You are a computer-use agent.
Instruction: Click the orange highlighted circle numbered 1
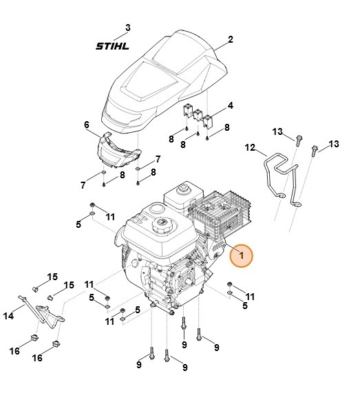(x=242, y=256)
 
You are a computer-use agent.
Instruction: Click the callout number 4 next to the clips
(x=230, y=105)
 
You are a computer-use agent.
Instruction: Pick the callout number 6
(x=87, y=125)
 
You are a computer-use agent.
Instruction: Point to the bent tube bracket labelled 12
(x=279, y=176)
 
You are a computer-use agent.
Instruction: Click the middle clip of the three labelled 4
(x=199, y=114)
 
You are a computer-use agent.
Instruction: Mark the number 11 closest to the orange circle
(x=250, y=297)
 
